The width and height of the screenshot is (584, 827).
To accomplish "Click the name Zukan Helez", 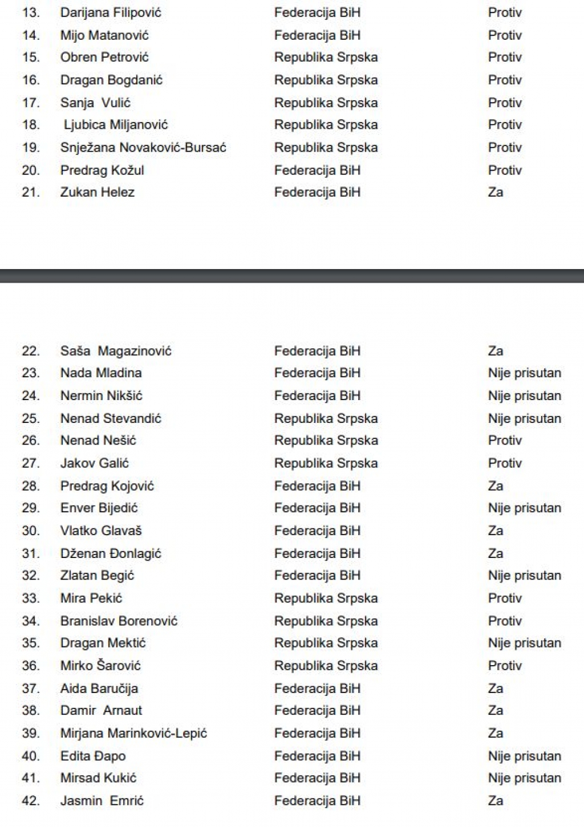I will pos(98,193).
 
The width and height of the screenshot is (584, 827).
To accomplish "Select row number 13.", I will pos(31,13).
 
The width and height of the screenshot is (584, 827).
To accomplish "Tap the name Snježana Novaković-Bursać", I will pos(143,148).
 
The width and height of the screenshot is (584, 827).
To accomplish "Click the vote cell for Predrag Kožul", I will pos(505,170).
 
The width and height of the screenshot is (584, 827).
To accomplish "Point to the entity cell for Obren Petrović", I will pos(326,58).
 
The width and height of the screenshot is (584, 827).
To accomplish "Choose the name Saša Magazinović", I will pos(116,351).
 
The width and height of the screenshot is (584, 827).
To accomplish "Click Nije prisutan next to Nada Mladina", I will pos(524,373).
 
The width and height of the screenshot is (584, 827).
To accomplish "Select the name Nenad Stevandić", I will pos(111,419).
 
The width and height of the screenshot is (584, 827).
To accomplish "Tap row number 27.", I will pos(31,463).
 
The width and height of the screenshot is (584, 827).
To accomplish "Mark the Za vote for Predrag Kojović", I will pos(496,486).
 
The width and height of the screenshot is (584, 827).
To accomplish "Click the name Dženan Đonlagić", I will pos(111,553).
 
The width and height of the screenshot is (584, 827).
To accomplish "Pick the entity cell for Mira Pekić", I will pos(326,598).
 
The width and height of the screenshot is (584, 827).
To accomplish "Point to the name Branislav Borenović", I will pos(119,621).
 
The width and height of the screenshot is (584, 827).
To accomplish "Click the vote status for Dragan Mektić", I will pos(524,643).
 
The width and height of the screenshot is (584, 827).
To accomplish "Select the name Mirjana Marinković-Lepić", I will pos(133,734).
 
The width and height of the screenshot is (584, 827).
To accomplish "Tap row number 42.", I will pos(31,801).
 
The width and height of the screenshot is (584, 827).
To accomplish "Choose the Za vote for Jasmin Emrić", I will pos(496,801).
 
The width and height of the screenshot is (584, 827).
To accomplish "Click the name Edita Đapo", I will pos(93,756).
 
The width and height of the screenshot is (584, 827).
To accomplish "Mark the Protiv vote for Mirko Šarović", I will pos(505,666).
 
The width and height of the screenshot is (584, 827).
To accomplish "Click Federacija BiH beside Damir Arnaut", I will pos(317,711).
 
